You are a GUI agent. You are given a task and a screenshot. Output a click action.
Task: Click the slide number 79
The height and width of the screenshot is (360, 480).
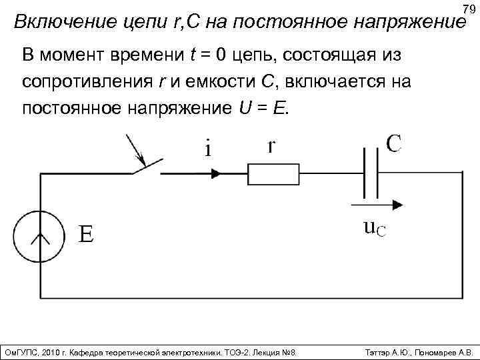(468, 9)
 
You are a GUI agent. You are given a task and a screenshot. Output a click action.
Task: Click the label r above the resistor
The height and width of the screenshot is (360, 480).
(272, 147)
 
